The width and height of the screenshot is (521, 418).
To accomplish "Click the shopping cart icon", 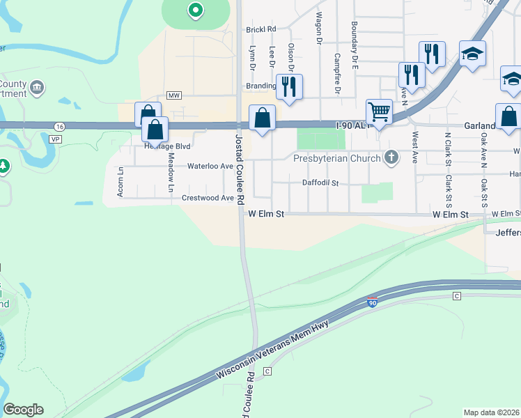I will (x=379, y=111).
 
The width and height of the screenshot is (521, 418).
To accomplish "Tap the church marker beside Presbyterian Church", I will (x=391, y=157).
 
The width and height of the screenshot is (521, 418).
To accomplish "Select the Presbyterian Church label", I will (x=337, y=158).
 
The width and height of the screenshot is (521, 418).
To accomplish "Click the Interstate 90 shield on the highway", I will (x=373, y=301).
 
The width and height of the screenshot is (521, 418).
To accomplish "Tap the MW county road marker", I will (x=174, y=95).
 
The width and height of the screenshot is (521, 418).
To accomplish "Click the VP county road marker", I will (x=55, y=139).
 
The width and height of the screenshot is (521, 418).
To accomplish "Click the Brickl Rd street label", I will (x=261, y=29).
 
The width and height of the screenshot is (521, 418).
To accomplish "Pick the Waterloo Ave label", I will (x=210, y=167).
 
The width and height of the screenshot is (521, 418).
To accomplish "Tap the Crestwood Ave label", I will (x=208, y=198).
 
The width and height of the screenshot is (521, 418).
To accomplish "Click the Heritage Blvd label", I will (x=166, y=147).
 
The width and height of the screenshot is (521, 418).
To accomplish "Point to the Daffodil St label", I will (x=320, y=183).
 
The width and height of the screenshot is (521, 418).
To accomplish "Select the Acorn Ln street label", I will (x=120, y=181).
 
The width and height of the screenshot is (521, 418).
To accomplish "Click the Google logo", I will (x=23, y=410).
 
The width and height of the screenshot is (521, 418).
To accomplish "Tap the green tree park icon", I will (x=3, y=167).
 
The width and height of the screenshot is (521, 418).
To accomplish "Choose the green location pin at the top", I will (x=196, y=10).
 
